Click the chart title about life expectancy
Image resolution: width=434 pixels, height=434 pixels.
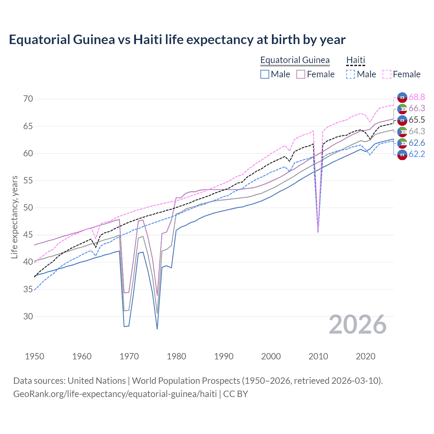tap(177, 40)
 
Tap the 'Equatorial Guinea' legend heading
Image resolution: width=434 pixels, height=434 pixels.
tap(295, 60)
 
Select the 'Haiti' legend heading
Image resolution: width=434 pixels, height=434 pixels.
tap(355, 60)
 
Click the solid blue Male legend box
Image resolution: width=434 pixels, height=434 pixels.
tap(265, 74)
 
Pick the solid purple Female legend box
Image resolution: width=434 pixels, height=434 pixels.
tap(301, 74)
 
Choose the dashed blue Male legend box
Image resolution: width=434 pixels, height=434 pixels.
tap(351, 74)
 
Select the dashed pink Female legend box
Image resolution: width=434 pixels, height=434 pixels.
tap(387, 74)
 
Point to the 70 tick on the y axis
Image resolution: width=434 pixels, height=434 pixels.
tap(28, 99)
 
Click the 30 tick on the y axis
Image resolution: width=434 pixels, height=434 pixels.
tap(28, 316)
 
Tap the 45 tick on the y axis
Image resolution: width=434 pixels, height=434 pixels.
tap(28, 235)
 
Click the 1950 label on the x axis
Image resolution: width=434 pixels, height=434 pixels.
tap(35, 356)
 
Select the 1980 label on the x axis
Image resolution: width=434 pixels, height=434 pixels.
tap(176, 356)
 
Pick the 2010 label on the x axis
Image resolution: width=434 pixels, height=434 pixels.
tap(318, 356)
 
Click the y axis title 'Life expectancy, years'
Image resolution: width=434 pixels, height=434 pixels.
tap(14, 217)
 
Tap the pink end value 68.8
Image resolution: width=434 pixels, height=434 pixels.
tap(417, 97)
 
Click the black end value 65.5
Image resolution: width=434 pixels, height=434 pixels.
tap(417, 120)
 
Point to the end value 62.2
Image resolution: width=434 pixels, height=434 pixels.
tap(417, 154)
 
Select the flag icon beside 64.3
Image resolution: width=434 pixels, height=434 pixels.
tap(402, 132)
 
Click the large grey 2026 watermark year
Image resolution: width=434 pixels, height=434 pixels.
tap(357, 324)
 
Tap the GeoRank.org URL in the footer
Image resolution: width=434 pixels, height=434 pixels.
tap(115, 394)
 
